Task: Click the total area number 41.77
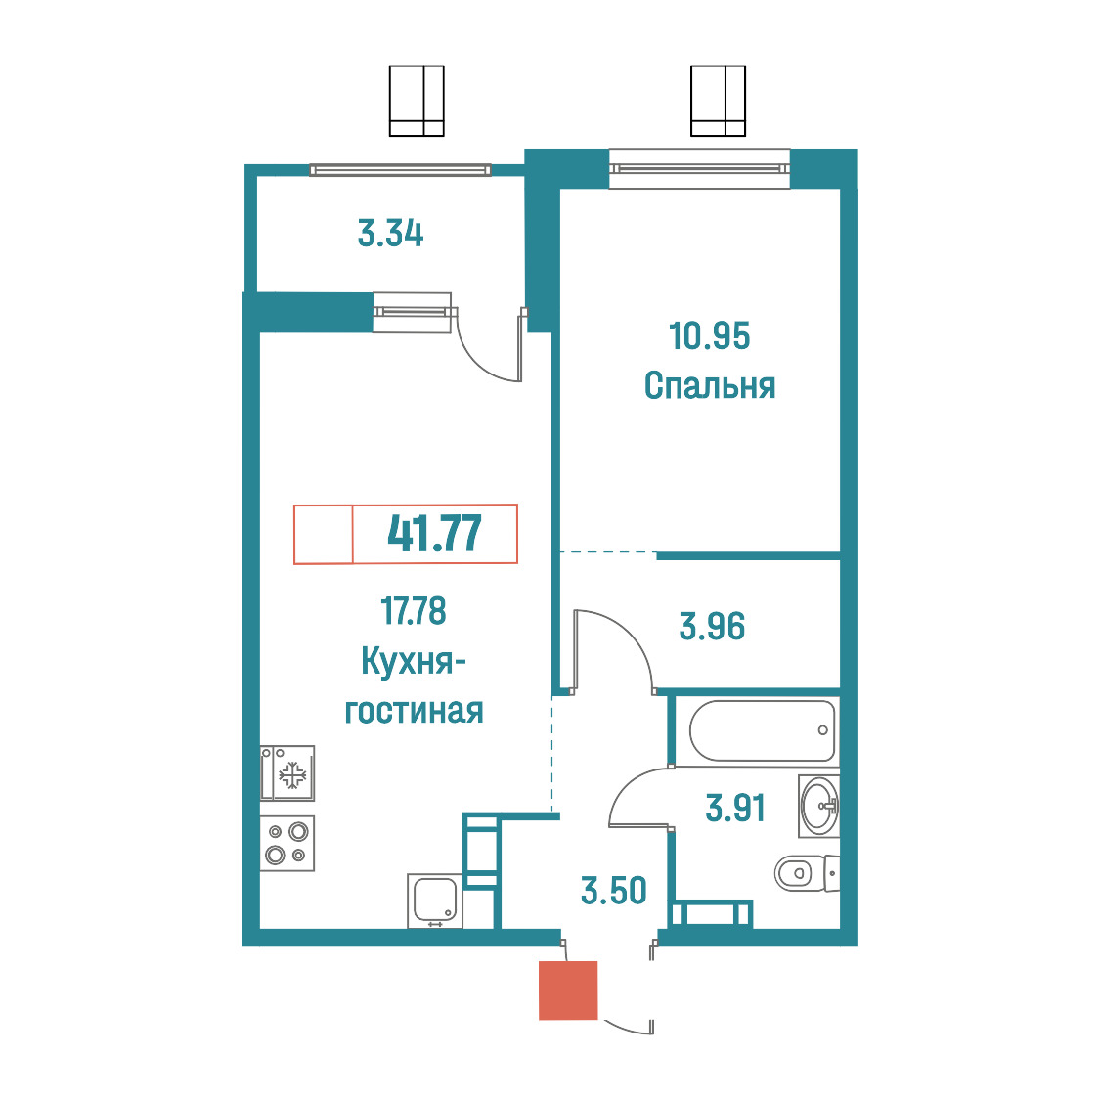pyautogui.click(x=434, y=534)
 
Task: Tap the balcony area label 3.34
pyautogui.click(x=390, y=234)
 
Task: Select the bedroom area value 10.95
pyautogui.click(x=709, y=335)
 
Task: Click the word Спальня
pyautogui.click(x=709, y=386)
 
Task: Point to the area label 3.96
pyautogui.click(x=712, y=626)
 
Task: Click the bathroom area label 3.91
pyautogui.click(x=735, y=808)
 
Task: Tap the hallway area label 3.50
pyautogui.click(x=613, y=890)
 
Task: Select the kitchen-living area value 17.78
pyautogui.click(x=414, y=610)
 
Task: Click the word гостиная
pyautogui.click(x=414, y=711)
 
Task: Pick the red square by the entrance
pyautogui.click(x=568, y=989)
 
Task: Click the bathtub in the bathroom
pyautogui.click(x=763, y=730)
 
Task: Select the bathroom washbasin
pyautogui.click(x=818, y=806)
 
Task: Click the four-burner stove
pyautogui.click(x=287, y=843)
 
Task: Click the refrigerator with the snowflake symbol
pyautogui.click(x=287, y=773)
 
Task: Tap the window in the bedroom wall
pyautogui.click(x=699, y=168)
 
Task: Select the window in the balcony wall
pyautogui.click(x=400, y=169)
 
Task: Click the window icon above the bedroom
pyautogui.click(x=718, y=101)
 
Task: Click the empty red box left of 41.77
pyautogui.click(x=323, y=534)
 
